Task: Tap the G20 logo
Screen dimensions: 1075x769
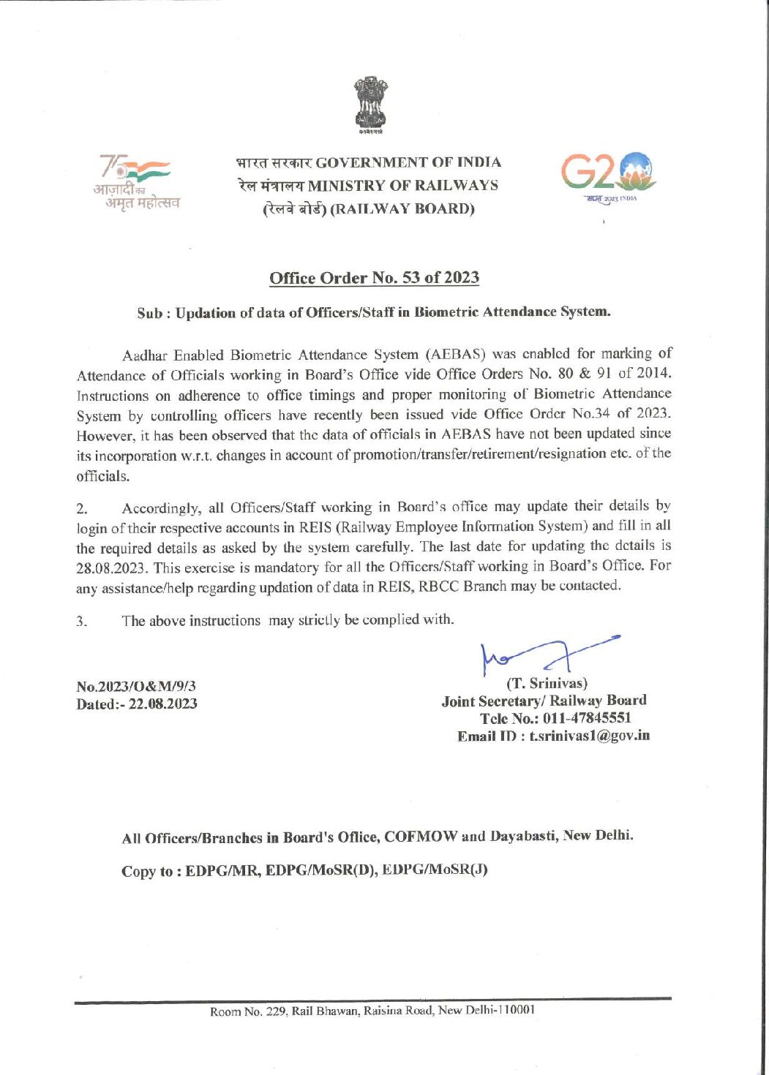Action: coord(609,176)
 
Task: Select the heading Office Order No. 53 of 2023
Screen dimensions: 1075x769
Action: coord(374,278)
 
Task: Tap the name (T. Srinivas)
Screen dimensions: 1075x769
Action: coord(547,684)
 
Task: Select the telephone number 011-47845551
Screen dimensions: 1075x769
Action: coord(587,718)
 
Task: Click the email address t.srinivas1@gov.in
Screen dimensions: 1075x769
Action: coord(590,736)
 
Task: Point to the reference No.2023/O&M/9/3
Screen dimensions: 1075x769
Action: coord(136,686)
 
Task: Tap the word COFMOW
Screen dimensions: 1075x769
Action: coord(421,837)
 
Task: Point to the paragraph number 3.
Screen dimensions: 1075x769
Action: coord(81,622)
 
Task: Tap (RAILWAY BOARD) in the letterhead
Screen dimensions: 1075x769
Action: coord(402,209)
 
